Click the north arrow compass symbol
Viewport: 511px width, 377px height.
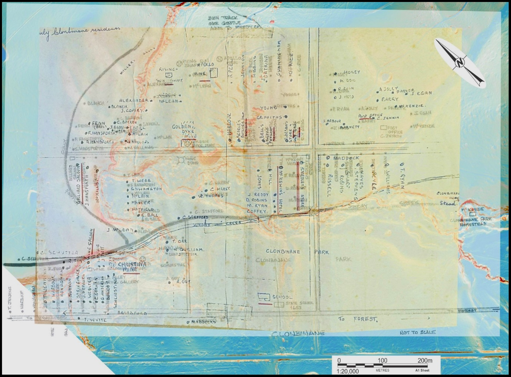(459, 62)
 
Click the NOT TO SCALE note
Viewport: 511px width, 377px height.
(417, 332)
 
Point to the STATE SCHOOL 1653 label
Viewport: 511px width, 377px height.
(293, 305)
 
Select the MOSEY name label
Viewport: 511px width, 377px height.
(351, 73)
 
